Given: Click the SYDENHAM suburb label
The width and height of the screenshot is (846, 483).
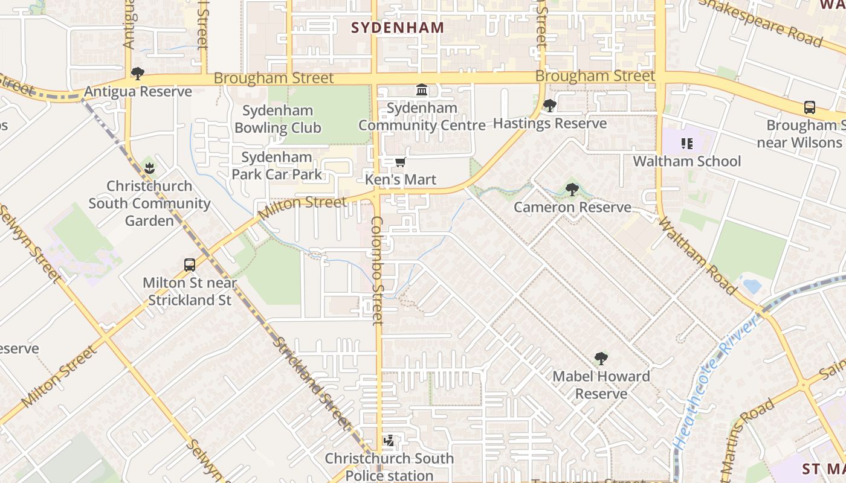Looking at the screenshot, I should click(x=397, y=28).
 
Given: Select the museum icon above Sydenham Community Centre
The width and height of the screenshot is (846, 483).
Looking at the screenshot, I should click(x=422, y=91).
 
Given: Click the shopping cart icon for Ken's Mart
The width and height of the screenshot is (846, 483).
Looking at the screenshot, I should click(x=400, y=162).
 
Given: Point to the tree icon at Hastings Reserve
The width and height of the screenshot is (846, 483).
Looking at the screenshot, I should click(x=549, y=106).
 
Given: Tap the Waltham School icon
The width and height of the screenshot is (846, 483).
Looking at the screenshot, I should click(x=686, y=144).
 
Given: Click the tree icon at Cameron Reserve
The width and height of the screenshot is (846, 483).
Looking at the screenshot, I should click(x=572, y=190).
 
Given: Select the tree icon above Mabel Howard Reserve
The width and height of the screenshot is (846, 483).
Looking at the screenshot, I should click(x=601, y=359).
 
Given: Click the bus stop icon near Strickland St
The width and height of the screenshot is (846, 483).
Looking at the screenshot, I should click(x=190, y=265).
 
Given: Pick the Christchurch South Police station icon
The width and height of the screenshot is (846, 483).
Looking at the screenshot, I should click(x=389, y=441).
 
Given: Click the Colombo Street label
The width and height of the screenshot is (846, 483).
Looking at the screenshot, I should click(x=378, y=270).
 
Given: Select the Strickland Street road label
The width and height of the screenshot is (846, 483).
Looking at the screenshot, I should click(x=311, y=382).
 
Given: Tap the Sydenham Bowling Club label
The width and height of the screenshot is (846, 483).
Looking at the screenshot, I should click(x=278, y=119).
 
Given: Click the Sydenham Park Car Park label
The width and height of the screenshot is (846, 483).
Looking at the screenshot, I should click(x=277, y=166).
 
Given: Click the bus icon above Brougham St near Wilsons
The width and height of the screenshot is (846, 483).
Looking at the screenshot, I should click(x=810, y=107).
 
